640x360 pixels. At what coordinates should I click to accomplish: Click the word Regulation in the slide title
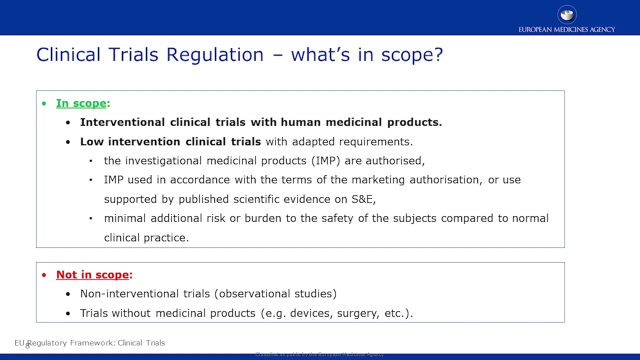(214, 54)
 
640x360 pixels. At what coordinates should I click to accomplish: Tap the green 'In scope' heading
(81, 103)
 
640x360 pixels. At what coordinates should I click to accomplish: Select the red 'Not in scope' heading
(93, 274)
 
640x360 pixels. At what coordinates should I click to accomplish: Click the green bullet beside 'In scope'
(44, 103)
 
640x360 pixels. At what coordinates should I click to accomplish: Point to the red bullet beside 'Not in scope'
(44, 275)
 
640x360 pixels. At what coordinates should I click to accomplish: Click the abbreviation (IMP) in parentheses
(325, 160)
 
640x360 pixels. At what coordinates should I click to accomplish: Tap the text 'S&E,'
(363, 199)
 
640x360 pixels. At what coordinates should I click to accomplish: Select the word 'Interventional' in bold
(122, 122)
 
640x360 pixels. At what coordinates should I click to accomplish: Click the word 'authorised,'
(395, 160)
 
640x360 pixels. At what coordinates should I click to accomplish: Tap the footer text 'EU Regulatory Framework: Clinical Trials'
(90, 342)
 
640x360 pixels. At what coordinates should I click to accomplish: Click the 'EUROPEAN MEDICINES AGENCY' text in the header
(566, 29)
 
